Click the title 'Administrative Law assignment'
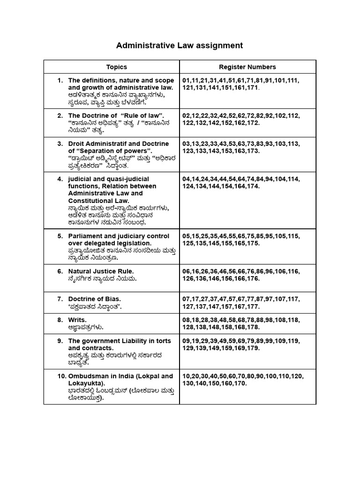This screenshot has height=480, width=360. click(180, 45)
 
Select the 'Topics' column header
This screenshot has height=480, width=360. click(116, 67)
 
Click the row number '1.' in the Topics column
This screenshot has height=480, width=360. click(60, 81)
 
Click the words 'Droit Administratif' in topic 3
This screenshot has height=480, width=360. click(97, 144)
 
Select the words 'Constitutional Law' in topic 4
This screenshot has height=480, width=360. click(98, 201)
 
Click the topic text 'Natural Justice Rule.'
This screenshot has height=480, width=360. click(101, 271)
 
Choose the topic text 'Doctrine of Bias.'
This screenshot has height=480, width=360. click(95, 299)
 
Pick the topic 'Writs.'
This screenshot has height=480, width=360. click(77, 320)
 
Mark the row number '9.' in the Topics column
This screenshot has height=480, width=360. click(60, 341)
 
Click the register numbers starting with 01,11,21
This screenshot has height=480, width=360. click(240, 81)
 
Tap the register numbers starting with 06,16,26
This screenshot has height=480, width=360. click(240, 271)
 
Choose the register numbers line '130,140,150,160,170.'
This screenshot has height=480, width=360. click(215, 383)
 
